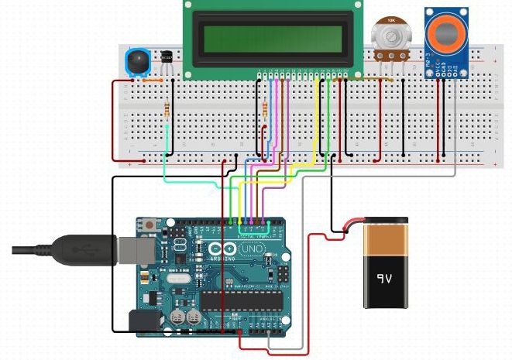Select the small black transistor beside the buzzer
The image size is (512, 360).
167,57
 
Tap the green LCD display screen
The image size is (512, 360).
272,36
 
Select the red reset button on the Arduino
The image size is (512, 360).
148,225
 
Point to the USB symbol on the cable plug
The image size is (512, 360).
81,249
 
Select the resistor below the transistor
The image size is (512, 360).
169,108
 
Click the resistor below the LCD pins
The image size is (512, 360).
267,108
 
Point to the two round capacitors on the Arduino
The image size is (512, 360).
185,316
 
